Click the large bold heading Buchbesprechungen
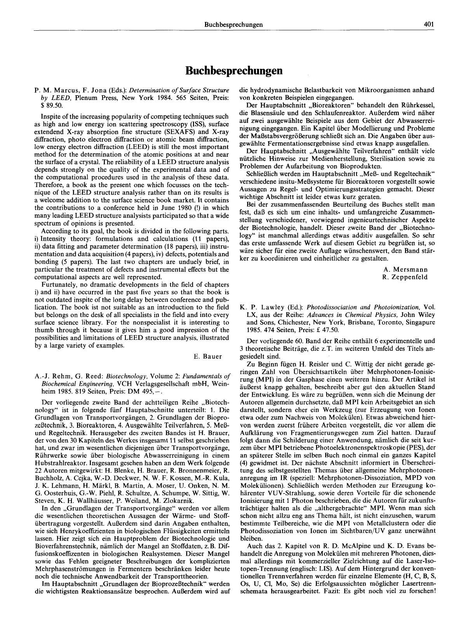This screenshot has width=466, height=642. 233,71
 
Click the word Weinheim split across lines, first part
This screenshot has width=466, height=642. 223,383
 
